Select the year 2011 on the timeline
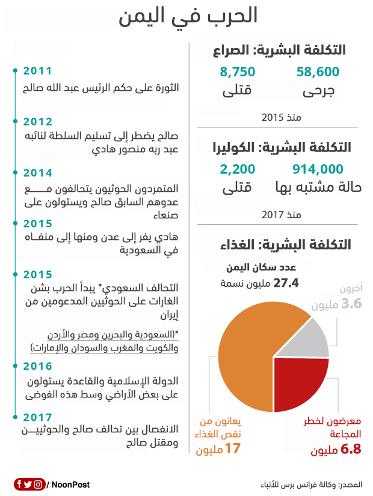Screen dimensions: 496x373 point(37,72)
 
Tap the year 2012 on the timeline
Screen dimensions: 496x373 point(37,121)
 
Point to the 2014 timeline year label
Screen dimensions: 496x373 point(37,173)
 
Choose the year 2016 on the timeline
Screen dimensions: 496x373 point(37,366)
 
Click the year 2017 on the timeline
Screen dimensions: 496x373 point(37,417)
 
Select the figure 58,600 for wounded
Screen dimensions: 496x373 point(318,72)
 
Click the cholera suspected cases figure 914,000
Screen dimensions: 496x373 point(318,169)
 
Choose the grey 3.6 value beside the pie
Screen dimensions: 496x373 point(351,304)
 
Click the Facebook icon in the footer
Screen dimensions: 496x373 point(19,484)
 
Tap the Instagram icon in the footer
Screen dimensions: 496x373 point(39,484)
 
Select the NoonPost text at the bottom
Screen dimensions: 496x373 point(71,485)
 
